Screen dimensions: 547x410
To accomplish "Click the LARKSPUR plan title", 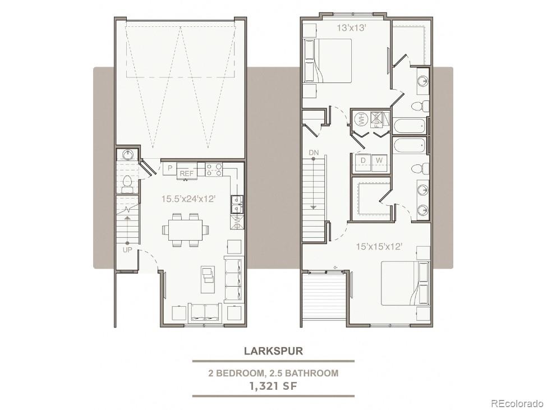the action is pyautogui.click(x=273, y=351).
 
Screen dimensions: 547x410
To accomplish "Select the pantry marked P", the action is pyautogui.click(x=170, y=168).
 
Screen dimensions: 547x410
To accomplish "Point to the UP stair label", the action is pyautogui.click(x=127, y=250).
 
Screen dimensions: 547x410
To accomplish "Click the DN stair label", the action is pyautogui.click(x=313, y=153).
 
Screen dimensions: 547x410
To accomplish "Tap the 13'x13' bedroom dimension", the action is pyautogui.click(x=351, y=28).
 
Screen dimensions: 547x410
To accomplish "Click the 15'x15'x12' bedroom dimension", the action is pyautogui.click(x=379, y=247).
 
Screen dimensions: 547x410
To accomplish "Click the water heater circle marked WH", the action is pyautogui.click(x=360, y=120).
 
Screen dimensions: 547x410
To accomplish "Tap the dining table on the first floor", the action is pyautogui.click(x=186, y=230).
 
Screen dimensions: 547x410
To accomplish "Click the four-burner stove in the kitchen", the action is pyautogui.click(x=214, y=169).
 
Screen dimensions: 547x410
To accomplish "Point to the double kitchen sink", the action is pyautogui.click(x=237, y=205).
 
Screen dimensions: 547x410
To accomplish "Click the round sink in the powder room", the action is pyautogui.click(x=128, y=154).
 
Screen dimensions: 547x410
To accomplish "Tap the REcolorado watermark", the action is pyautogui.click(x=517, y=403).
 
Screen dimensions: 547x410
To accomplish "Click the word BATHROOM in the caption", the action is pyautogui.click(x=312, y=373).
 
